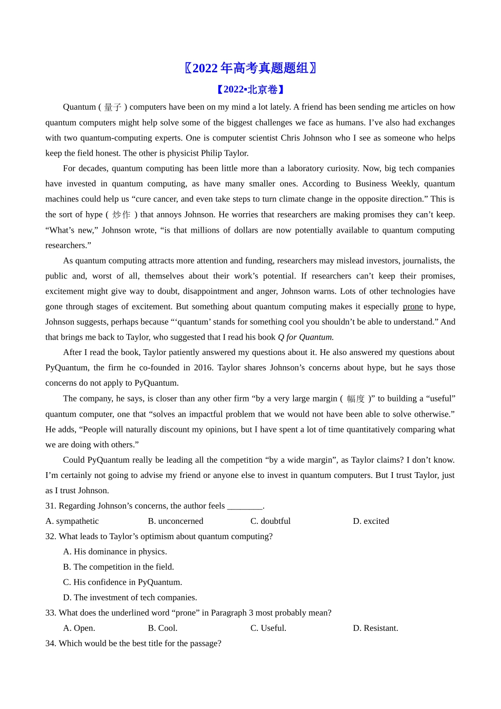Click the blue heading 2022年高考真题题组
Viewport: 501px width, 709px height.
250,68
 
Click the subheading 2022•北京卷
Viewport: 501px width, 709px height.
250,90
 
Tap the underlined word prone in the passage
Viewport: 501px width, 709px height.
412,306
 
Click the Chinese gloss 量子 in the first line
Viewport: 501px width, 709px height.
113,107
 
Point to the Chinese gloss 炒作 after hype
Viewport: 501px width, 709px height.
121,215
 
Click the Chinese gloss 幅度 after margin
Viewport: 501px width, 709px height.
355,399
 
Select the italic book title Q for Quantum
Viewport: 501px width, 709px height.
305,337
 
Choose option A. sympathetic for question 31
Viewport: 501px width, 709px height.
72,521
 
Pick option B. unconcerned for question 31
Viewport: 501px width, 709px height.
176,521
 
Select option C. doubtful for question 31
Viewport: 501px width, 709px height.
271,521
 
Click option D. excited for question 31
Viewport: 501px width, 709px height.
371,521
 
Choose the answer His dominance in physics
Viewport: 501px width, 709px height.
115,552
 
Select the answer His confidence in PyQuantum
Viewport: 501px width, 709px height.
122,582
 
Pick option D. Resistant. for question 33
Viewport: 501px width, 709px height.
375,628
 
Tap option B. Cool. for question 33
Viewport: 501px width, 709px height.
162,628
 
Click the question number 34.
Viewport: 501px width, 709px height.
51,644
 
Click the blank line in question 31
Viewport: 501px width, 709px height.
245,506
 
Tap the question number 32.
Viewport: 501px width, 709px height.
51,536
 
